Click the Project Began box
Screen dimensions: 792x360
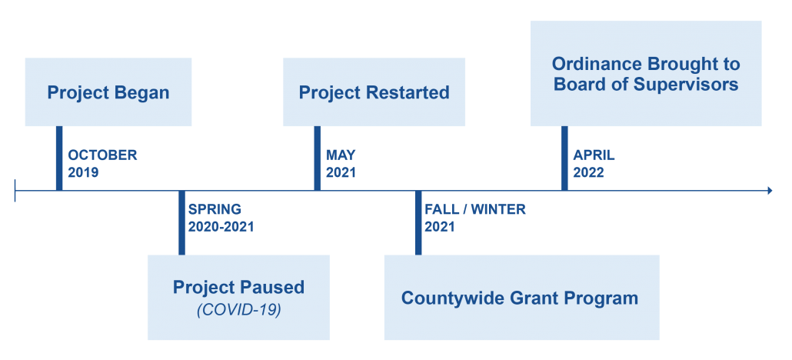pos(108,92)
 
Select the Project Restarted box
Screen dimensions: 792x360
pos(374,92)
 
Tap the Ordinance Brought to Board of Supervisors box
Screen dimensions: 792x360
pos(646,73)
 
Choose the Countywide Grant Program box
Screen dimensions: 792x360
pos(522,297)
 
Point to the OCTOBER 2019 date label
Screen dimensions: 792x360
pos(102,163)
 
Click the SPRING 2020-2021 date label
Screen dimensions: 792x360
pos(221,218)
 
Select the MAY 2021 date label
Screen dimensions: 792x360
pos(341,163)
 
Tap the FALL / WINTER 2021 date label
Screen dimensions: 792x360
pos(474,218)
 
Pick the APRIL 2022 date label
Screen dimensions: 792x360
pos(594,163)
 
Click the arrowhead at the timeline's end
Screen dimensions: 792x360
pos(770,191)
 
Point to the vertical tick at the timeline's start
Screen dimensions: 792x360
pos(15,191)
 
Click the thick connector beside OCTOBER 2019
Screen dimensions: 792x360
pos(59,158)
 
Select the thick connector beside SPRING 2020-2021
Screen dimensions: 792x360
pos(181,223)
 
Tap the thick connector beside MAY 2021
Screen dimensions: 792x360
pos(318,158)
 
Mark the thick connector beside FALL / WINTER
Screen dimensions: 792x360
pos(418,223)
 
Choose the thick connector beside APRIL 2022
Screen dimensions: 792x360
pos(564,158)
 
